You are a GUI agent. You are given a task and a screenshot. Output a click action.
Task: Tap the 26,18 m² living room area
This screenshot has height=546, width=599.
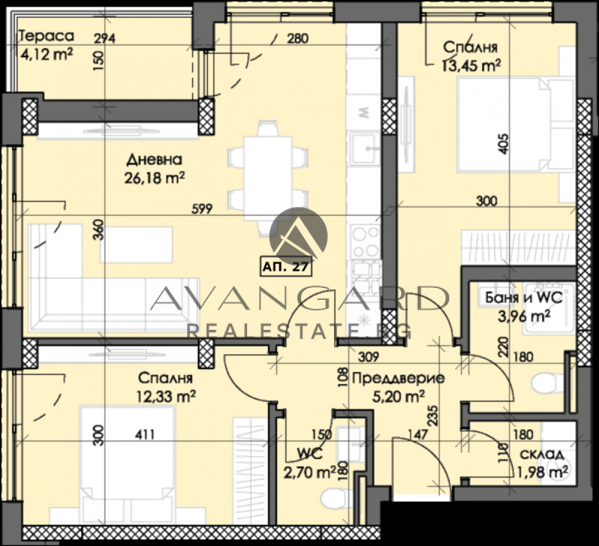[154, 178]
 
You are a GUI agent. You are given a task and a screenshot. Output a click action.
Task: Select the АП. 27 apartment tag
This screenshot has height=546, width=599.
[285, 265]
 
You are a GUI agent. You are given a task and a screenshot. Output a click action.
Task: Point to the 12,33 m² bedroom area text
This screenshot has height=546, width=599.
[165, 395]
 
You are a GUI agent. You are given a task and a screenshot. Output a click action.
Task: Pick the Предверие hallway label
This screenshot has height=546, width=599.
[398, 378]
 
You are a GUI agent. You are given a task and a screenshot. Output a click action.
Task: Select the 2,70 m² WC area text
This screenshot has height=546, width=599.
[310, 472]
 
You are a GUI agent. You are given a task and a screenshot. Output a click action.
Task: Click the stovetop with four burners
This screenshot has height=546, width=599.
[365, 241]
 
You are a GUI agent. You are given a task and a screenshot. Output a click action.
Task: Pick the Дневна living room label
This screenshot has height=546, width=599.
[153, 160]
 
